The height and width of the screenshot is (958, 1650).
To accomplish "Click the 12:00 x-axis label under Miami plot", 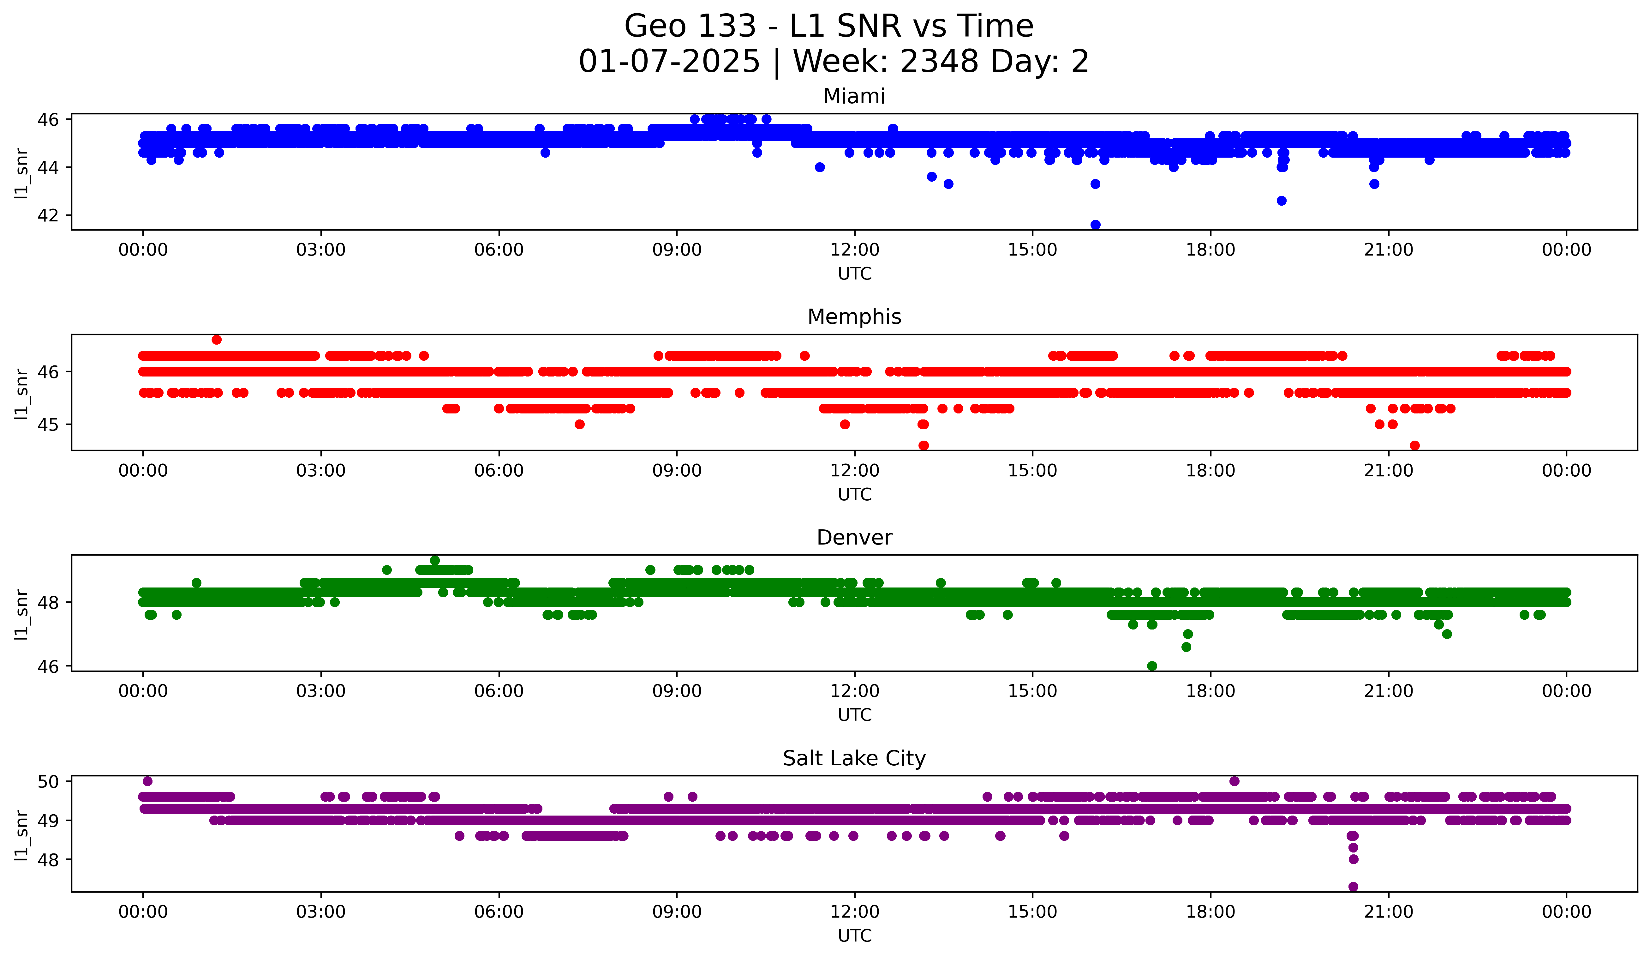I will tap(854, 250).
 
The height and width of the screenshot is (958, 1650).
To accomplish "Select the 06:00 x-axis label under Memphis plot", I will tap(499, 471).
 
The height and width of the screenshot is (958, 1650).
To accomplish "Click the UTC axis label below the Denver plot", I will tap(854, 715).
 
